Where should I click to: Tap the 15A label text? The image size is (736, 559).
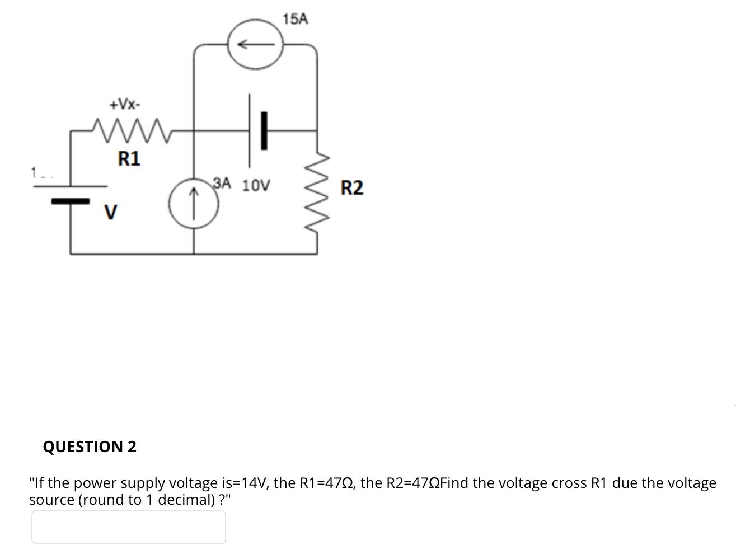[x=295, y=20]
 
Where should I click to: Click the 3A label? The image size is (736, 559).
[x=222, y=183]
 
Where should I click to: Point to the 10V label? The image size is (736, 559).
[x=256, y=185]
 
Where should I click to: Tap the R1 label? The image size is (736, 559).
[x=129, y=159]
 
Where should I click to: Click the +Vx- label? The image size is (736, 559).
[x=125, y=104]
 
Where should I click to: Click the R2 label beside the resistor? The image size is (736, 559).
[x=351, y=188]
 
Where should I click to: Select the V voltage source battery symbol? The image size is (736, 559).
[x=71, y=194]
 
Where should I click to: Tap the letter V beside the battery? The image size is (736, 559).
[x=111, y=213]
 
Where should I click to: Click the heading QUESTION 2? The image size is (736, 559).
[x=90, y=447]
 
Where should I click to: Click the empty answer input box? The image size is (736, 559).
[x=128, y=527]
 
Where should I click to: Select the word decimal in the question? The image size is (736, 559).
[x=184, y=500]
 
